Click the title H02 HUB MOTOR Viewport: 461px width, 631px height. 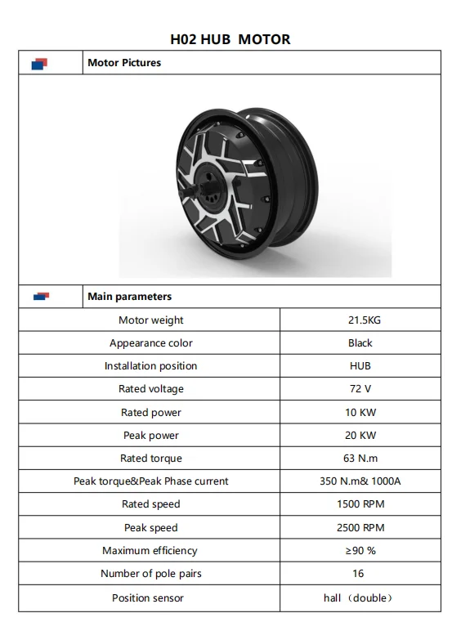(230, 39)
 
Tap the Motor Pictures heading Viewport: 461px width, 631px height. (124, 63)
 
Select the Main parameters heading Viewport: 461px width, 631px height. (129, 297)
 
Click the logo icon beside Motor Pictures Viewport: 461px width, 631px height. (40, 64)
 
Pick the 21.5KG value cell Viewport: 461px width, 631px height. (360, 320)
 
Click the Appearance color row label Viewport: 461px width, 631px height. (150, 343)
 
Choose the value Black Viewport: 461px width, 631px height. (360, 343)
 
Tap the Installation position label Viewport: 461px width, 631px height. (150, 366)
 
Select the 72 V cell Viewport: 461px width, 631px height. (360, 389)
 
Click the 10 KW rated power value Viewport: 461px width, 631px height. (360, 413)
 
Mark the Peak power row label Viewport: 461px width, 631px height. (150, 436)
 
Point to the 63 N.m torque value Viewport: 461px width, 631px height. (360, 459)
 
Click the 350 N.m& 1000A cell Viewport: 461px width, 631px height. (360, 481)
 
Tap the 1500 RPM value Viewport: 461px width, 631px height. (360, 504)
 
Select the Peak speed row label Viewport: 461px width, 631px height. (150, 528)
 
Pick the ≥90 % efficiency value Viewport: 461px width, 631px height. (360, 551)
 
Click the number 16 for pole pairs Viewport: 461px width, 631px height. (360, 574)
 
